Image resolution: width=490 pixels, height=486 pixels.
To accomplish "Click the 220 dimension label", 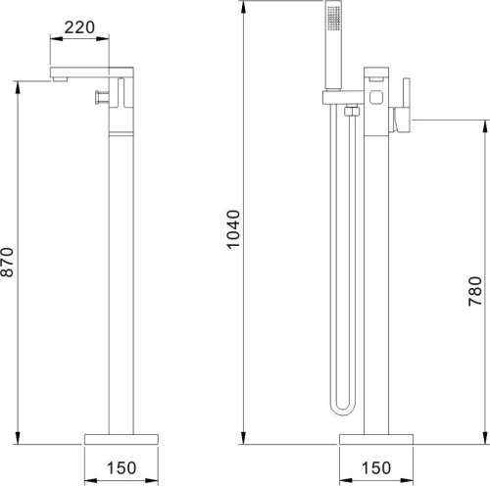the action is (x=79, y=27).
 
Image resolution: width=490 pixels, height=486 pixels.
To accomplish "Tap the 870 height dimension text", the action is (x=7, y=263).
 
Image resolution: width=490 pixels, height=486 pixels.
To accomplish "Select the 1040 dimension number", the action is (x=233, y=229).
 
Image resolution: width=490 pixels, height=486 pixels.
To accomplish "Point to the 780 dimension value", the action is (x=475, y=291).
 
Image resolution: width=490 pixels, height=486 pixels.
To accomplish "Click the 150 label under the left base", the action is (x=122, y=467).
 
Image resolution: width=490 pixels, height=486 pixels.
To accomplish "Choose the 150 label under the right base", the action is (x=376, y=467).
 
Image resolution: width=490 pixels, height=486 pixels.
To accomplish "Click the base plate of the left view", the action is (x=122, y=439).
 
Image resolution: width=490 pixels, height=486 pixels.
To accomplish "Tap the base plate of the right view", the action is (x=376, y=439).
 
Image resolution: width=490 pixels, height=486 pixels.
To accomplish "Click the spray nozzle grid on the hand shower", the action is (x=334, y=19).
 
